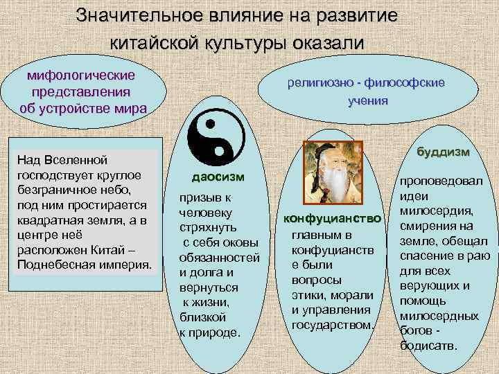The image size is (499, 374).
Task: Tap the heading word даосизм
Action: [218, 177]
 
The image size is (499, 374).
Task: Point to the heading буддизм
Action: [443, 152]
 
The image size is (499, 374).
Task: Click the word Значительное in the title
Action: [145, 15]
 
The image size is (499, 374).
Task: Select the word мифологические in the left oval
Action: [81, 74]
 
